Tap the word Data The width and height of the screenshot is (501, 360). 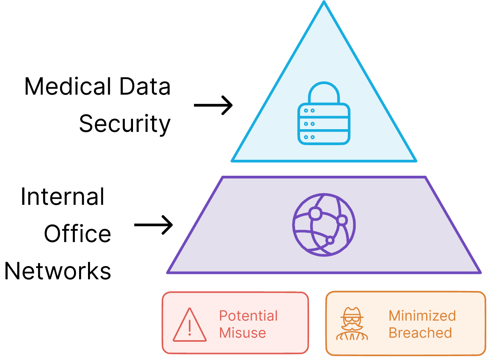click(x=145, y=87)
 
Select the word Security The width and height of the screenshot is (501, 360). click(x=124, y=124)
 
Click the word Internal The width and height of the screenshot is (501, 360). click(x=62, y=197)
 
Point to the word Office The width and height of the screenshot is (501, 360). click(x=78, y=234)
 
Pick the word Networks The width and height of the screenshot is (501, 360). click(x=58, y=271)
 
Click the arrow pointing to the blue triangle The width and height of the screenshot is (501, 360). click(x=213, y=105)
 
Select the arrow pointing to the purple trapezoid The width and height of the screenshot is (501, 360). click(x=154, y=225)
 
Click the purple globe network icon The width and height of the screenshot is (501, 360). click(x=324, y=225)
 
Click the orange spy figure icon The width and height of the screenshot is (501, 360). click(x=352, y=324)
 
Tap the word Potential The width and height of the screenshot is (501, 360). click(x=248, y=316)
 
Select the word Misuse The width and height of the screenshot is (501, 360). click(x=242, y=333)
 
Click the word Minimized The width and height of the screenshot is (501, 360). click(x=422, y=316)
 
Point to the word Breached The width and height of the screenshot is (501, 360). click(x=420, y=333)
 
